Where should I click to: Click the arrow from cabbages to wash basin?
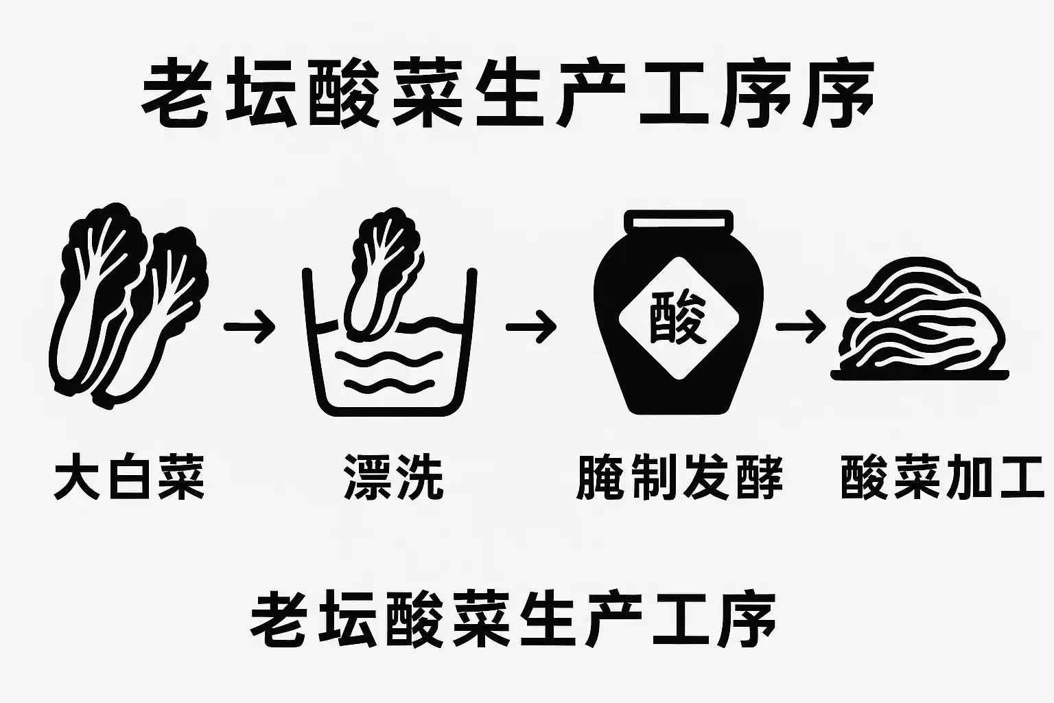point(249,327)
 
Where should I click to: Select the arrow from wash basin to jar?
point(531,327)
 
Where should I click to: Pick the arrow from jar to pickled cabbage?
point(801,327)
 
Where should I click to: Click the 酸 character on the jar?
point(678,318)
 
